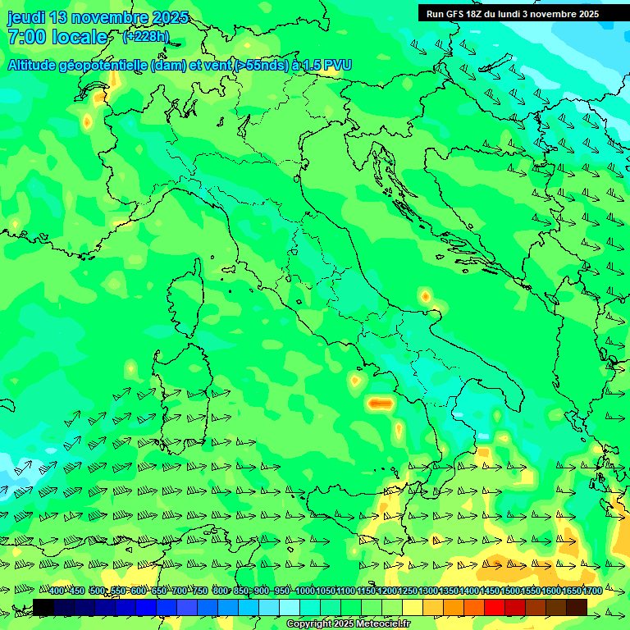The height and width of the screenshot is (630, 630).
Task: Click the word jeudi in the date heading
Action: (x=26, y=17)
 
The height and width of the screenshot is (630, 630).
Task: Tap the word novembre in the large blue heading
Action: (x=110, y=17)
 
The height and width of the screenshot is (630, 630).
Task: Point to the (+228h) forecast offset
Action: (x=145, y=37)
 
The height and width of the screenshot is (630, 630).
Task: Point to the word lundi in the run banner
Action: (x=520, y=14)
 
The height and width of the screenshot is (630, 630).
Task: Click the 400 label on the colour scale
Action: (x=57, y=591)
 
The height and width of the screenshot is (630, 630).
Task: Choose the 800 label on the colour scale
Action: (x=221, y=591)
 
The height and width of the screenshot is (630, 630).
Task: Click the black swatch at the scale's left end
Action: (x=43, y=607)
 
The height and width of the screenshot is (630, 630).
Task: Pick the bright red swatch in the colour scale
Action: (x=495, y=607)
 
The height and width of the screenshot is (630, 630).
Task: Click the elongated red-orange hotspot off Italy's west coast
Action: (x=378, y=403)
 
